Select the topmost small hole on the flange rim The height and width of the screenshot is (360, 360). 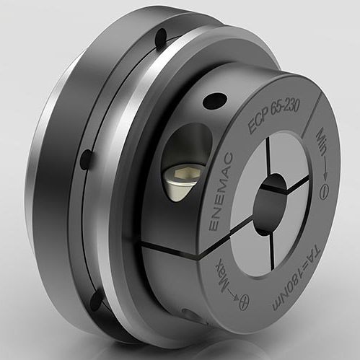pyautogui.click(x=160, y=34)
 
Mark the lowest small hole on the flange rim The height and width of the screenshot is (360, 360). pyautogui.click(x=95, y=304)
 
